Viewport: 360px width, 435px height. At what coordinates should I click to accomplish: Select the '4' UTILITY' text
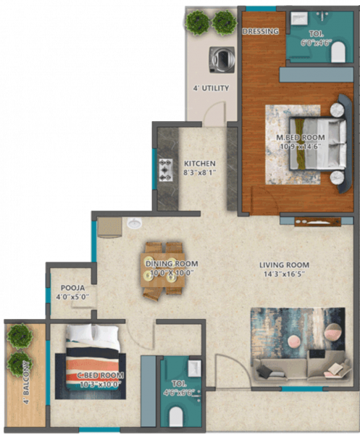pyautogui.click(x=211, y=88)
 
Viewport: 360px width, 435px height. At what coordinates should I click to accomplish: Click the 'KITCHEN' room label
pyautogui.click(x=199, y=163)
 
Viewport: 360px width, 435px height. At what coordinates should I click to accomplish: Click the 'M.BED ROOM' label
pyautogui.click(x=301, y=138)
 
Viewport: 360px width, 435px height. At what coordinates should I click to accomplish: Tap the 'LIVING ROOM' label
pyautogui.click(x=285, y=265)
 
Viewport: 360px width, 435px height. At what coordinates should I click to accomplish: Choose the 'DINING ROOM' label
pyautogui.click(x=172, y=264)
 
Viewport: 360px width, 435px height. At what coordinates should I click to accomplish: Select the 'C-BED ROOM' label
pyautogui.click(x=101, y=375)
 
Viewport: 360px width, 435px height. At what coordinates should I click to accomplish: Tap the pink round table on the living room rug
pyautogui.click(x=296, y=341)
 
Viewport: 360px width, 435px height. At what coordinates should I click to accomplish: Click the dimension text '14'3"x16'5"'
pyautogui.click(x=285, y=275)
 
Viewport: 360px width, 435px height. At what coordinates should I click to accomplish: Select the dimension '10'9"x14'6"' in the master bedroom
pyautogui.click(x=301, y=147)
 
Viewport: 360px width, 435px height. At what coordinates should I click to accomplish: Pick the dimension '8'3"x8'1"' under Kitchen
pyautogui.click(x=199, y=173)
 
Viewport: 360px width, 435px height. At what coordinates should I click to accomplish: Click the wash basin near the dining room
pyautogui.click(x=133, y=223)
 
